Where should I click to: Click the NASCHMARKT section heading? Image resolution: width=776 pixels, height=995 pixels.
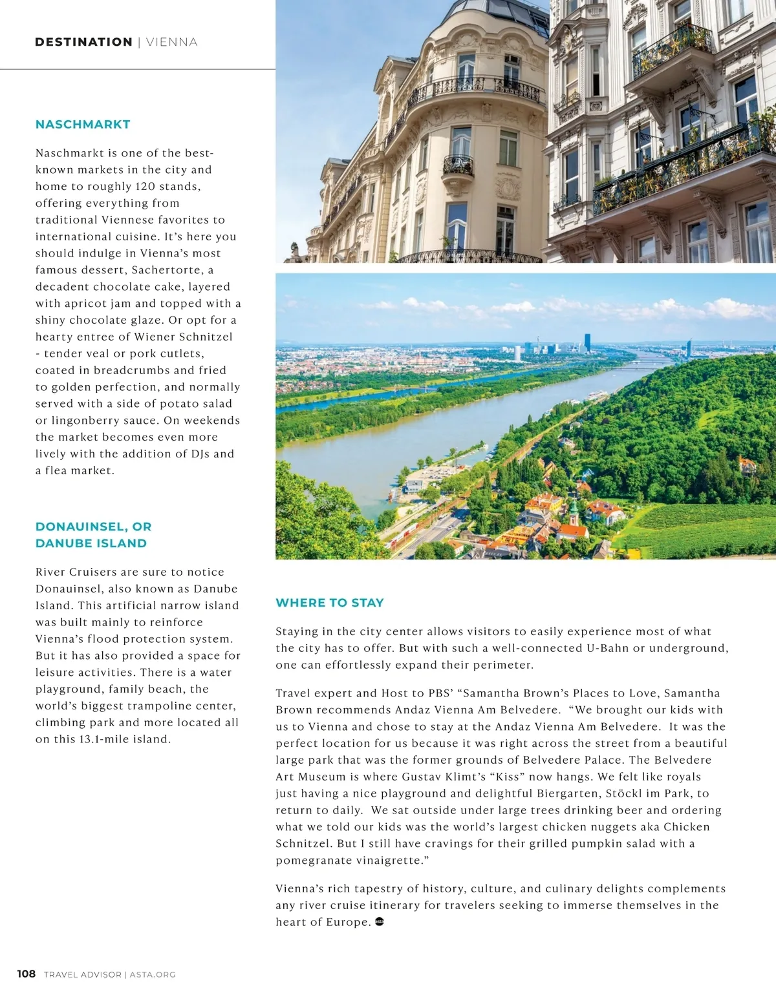(83, 125)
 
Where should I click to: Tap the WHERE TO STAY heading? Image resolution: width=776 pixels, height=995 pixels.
(330, 603)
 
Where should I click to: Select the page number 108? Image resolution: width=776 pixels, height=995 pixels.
(27, 974)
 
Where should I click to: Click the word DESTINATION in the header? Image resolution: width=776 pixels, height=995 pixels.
(83, 42)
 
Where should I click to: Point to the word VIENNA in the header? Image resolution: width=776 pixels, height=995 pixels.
(172, 42)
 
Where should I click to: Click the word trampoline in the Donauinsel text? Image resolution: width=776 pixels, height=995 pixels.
(156, 706)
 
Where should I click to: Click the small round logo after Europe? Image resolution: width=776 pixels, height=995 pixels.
(380, 922)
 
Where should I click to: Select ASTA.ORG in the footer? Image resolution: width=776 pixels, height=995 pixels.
(153, 974)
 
